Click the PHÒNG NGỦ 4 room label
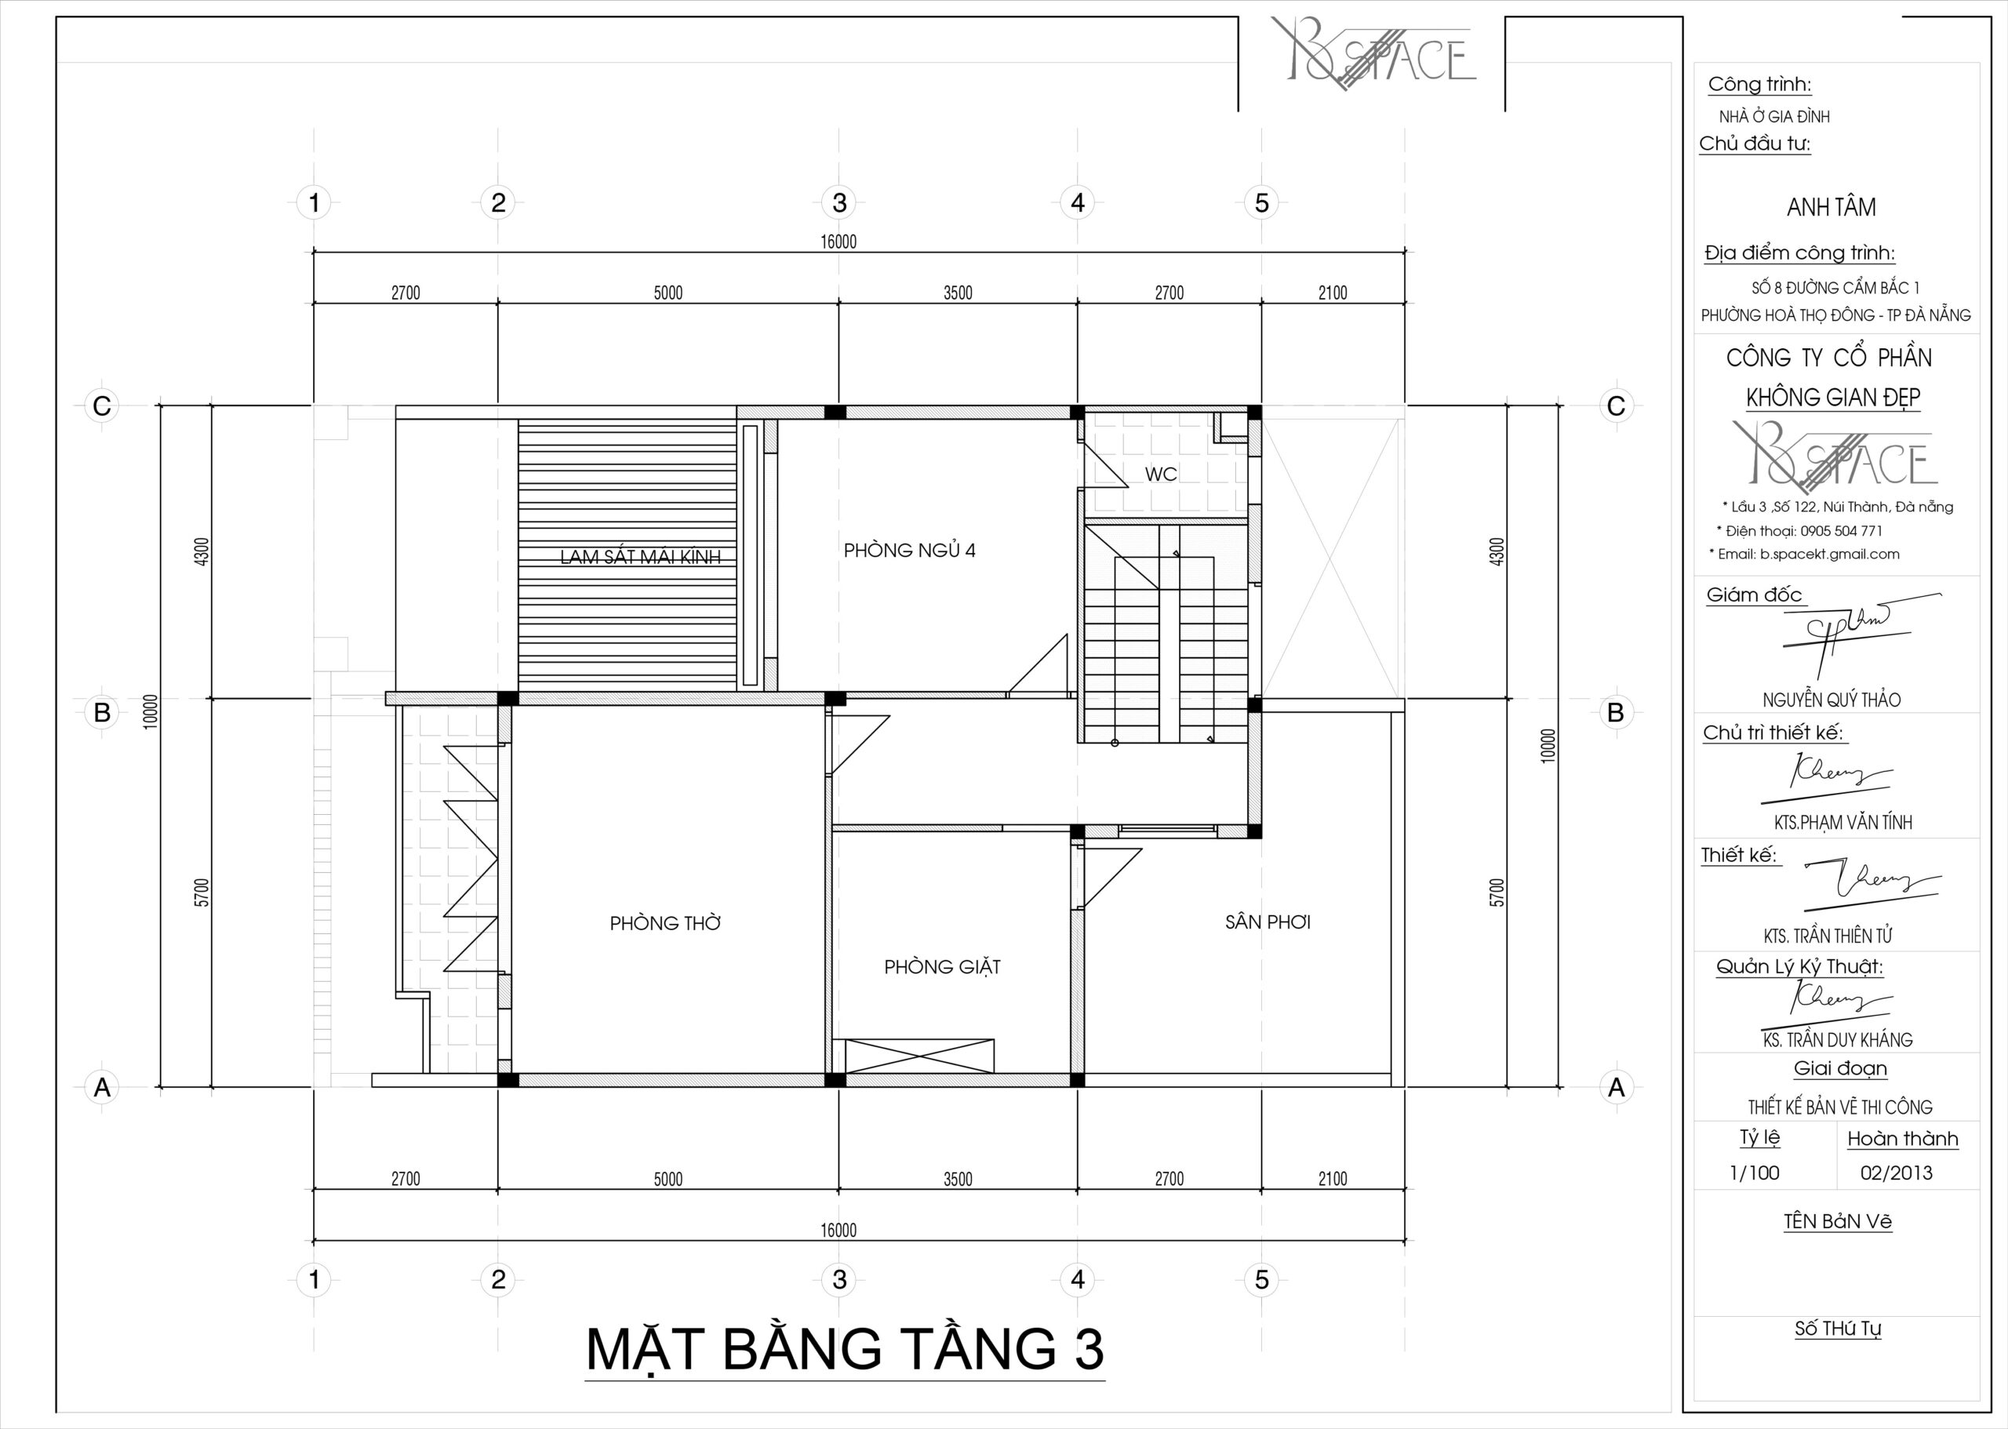coord(909,551)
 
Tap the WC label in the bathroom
coord(1161,475)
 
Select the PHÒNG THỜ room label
coord(665,923)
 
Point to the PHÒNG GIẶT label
coord(942,967)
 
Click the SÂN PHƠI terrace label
coord(1268,922)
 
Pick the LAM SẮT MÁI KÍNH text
coord(641,556)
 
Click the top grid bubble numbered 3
coord(839,203)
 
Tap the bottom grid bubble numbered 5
coord(1262,1279)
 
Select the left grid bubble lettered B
coord(102,712)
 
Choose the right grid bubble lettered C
coord(1617,405)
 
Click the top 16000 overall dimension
coord(838,242)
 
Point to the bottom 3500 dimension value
coord(958,1179)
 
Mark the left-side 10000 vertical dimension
coord(151,711)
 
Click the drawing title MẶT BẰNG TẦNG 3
coord(845,1349)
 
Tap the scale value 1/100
coord(1755,1173)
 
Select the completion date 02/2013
coord(1897,1173)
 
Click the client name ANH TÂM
coord(1832,208)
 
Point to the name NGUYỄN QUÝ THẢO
coord(1832,700)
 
